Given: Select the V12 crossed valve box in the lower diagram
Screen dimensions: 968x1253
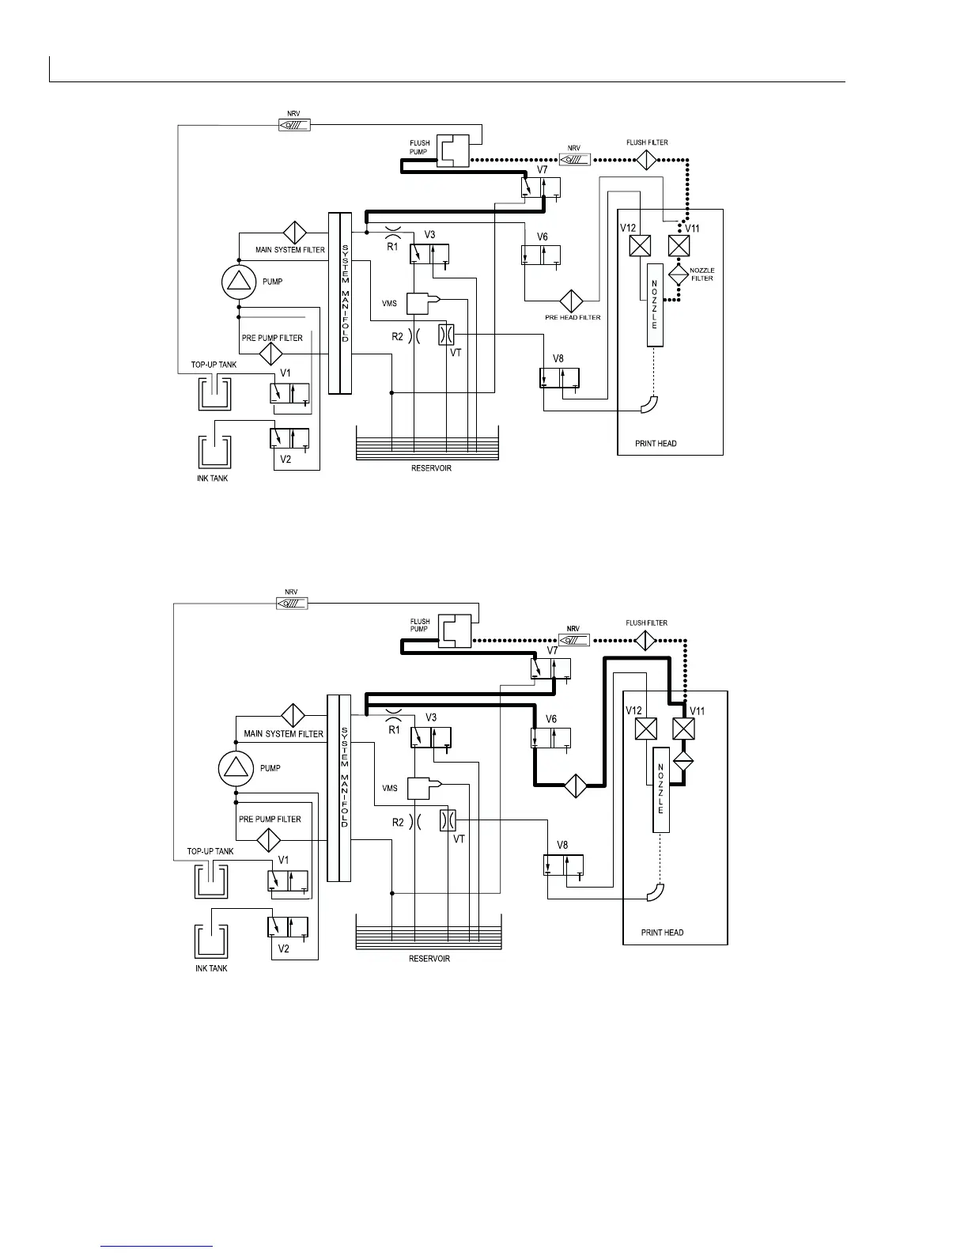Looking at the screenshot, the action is [646, 729].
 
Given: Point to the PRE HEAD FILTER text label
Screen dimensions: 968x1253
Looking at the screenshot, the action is [573, 317].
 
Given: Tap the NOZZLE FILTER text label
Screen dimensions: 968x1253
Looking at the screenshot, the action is [702, 274].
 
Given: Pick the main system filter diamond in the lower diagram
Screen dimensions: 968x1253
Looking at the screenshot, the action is [293, 715].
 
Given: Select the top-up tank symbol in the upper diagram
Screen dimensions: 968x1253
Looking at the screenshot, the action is [214, 392].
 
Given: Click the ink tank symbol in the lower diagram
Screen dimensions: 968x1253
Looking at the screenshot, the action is [211, 940].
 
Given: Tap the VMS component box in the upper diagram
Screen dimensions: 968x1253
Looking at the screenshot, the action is [421, 303].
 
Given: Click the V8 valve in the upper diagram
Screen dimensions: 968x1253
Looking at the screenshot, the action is [559, 378].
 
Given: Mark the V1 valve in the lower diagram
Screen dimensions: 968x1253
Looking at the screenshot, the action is [288, 880].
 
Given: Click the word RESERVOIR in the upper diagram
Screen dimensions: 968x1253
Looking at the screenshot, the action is [431, 468].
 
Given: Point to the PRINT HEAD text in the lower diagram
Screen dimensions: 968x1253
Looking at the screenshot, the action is [662, 933].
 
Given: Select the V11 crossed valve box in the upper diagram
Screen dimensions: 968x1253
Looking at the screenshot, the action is [679, 245].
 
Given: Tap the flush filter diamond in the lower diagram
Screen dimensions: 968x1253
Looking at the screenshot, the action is [647, 640].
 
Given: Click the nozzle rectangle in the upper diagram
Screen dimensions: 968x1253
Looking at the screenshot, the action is [655, 305].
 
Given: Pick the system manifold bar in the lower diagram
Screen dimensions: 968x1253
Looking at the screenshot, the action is [338, 787].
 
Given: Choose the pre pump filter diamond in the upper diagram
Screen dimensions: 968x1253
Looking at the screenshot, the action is [271, 353].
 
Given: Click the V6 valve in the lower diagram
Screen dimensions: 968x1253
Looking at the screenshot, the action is [550, 738].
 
